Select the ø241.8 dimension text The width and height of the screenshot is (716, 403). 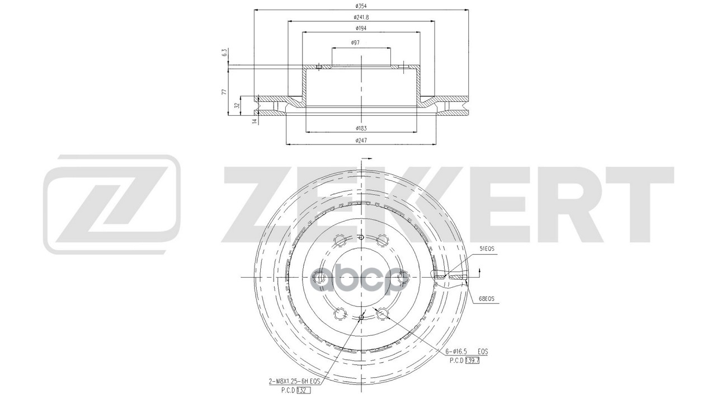tap(361, 17)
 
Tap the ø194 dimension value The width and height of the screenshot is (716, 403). tap(361, 28)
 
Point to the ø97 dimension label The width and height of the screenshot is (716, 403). tap(355, 43)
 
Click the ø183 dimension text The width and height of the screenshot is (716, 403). tap(361, 128)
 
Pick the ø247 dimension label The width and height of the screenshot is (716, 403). tap(361, 140)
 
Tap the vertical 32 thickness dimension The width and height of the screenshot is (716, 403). tap(237, 105)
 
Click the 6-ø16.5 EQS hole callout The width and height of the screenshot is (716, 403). tap(467, 352)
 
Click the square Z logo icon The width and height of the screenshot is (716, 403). tap(112, 204)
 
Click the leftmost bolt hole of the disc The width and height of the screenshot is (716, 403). tap(320, 277)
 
